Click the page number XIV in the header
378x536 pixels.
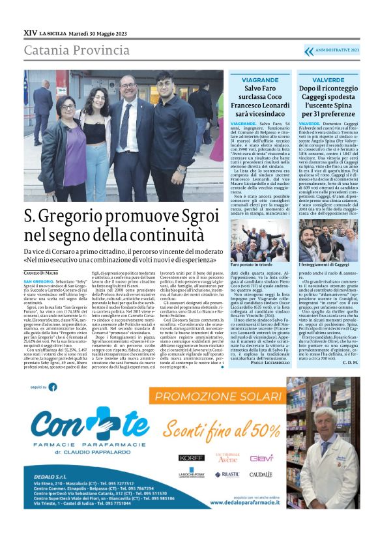tap(30, 31)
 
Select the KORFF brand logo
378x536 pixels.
tap(192, 458)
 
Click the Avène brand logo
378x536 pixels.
tap(226, 458)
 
